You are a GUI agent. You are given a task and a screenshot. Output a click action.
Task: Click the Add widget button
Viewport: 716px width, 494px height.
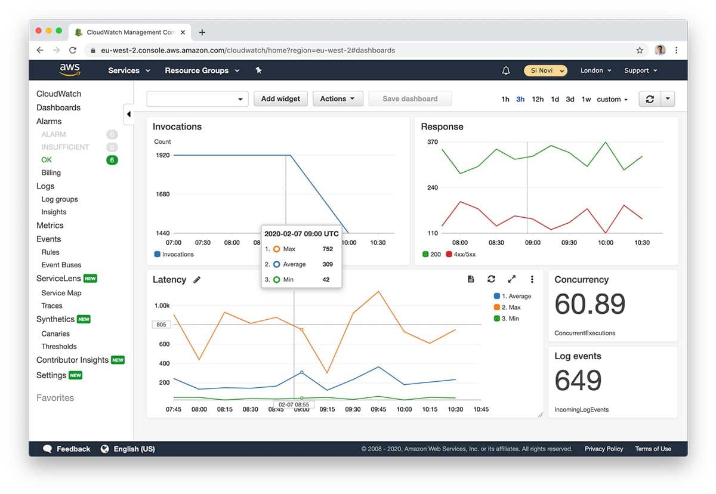tap(280, 99)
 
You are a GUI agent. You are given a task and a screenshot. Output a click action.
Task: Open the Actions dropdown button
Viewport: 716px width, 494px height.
tap(337, 99)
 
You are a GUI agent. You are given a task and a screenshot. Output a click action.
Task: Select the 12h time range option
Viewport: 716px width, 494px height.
tap(538, 100)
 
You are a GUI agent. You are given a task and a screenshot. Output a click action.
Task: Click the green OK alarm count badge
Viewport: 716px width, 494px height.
tap(112, 160)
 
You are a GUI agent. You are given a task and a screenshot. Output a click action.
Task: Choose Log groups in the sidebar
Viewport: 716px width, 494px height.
tap(60, 199)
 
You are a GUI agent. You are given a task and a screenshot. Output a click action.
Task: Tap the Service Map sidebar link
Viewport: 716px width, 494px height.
tap(61, 293)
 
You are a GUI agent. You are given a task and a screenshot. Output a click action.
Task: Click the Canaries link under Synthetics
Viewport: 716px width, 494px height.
tap(55, 334)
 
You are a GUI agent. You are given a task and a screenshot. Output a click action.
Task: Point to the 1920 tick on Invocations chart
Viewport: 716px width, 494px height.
tap(162, 155)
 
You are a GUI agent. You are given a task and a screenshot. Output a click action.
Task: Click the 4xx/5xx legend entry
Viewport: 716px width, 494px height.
tap(464, 254)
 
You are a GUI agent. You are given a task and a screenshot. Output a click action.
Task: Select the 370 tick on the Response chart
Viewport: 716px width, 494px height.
tap(433, 142)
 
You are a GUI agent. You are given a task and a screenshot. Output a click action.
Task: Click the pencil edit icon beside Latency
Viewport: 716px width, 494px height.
tap(197, 280)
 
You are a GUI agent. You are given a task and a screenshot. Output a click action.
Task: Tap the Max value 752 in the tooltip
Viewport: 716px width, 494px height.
tap(328, 249)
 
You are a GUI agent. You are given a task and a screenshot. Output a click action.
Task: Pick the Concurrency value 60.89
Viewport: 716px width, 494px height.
tap(590, 304)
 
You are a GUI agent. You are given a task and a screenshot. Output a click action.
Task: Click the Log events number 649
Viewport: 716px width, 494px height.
tap(578, 381)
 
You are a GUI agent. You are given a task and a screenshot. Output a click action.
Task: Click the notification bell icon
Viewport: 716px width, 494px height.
tap(506, 70)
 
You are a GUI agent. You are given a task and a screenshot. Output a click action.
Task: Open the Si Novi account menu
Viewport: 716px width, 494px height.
tap(545, 70)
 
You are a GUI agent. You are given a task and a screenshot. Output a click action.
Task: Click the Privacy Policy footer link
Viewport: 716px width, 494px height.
tap(603, 449)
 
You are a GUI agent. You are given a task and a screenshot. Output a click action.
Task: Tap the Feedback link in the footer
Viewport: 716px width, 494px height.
tap(73, 449)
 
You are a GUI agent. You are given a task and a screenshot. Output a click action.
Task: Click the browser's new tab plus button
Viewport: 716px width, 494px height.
tap(202, 32)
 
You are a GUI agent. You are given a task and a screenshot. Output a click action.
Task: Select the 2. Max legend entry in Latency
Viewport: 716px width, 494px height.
tap(510, 307)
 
